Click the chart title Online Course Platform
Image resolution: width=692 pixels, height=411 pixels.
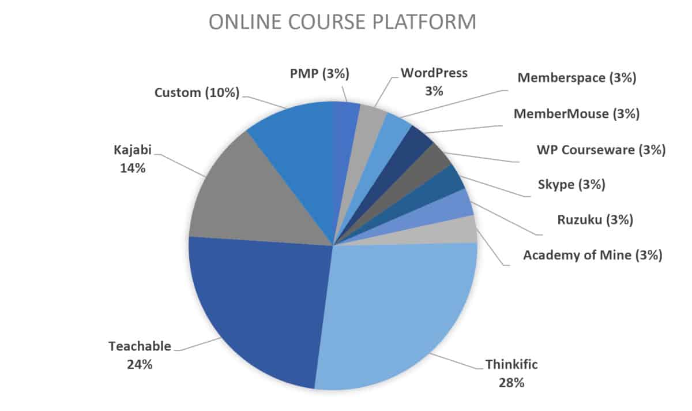(343, 22)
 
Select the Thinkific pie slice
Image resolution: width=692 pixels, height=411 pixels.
(398, 312)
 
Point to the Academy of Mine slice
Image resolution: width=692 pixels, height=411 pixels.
(451, 231)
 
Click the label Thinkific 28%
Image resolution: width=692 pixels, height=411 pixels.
(512, 373)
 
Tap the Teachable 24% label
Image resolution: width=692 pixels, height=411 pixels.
(140, 356)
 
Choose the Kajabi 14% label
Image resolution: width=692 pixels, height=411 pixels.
(133, 159)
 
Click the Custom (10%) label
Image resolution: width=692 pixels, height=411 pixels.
(197, 93)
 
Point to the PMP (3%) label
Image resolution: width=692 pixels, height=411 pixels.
(319, 74)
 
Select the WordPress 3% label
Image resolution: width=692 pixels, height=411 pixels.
(434, 82)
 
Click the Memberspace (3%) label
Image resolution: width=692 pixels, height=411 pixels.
(577, 77)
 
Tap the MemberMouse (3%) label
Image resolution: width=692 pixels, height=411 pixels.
(577, 114)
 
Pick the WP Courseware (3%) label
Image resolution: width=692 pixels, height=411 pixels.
(601, 150)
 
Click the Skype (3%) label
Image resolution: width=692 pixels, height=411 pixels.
(571, 185)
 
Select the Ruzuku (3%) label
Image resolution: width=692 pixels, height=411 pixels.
(595, 220)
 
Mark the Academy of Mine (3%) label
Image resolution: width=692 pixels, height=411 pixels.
(593, 256)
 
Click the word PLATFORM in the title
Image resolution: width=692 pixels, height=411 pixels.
(424, 22)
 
